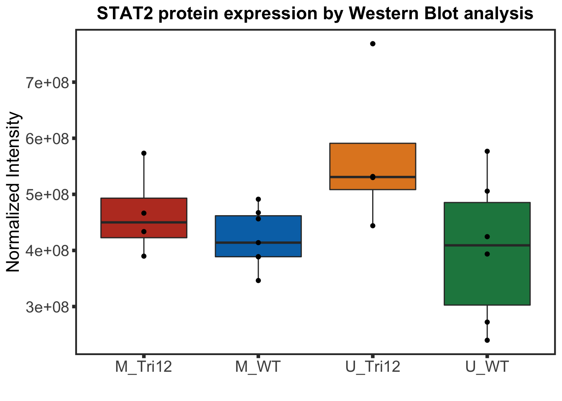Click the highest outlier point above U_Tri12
click(373, 44)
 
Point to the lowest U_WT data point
click(487, 340)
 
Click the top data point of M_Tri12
click(144, 153)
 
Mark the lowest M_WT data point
click(258, 281)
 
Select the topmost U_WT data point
click(487, 151)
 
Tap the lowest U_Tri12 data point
click(373, 226)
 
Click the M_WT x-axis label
click(258, 367)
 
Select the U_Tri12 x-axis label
click(373, 367)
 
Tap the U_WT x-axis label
click(487, 367)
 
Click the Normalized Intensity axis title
click(13, 192)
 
